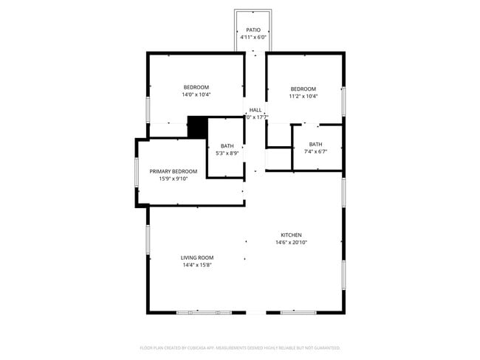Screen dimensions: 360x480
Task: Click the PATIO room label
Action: [x=253, y=30]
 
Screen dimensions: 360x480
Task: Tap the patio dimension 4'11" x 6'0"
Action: [x=253, y=37]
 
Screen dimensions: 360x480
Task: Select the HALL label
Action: [x=256, y=110]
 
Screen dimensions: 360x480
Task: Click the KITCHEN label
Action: [x=291, y=235]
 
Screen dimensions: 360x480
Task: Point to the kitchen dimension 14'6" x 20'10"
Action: [x=291, y=242]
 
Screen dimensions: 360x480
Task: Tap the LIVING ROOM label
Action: [x=197, y=257]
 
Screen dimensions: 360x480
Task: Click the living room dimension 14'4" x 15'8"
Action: [x=197, y=265]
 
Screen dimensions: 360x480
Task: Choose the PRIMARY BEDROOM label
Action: [x=174, y=171]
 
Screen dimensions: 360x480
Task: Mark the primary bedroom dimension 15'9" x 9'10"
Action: [x=174, y=179]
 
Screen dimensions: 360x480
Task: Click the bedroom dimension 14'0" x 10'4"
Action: [x=196, y=94]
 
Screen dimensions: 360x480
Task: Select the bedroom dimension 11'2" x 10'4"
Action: [x=303, y=96]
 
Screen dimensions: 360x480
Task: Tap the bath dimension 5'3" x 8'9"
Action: [x=227, y=153]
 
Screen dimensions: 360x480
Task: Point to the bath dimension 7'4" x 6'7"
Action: [x=315, y=151]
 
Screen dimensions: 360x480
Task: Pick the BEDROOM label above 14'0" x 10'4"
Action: [x=196, y=87]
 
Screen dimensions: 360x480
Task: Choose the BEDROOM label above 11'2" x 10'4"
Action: [x=303, y=89]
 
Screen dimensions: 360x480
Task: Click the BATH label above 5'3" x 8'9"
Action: [x=227, y=146]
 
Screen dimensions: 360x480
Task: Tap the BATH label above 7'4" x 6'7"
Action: [x=315, y=144]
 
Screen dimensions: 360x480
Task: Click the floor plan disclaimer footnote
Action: [x=240, y=347]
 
